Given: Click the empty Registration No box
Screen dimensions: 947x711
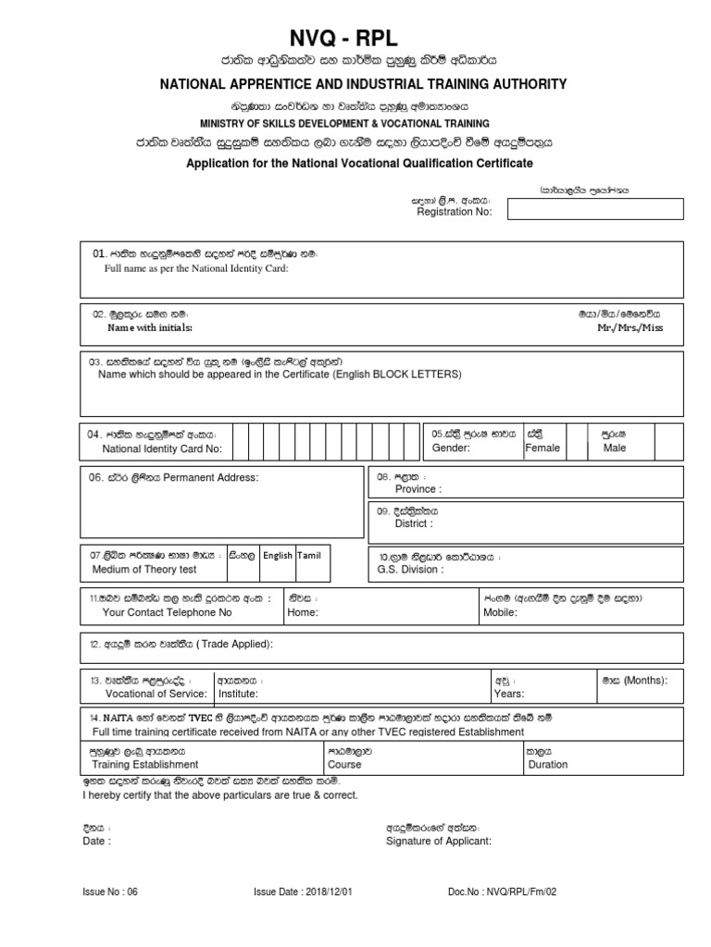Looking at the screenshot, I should (595, 210).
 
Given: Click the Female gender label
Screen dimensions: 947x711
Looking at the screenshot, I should (543, 448).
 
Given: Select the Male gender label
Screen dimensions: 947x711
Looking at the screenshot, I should (614, 448).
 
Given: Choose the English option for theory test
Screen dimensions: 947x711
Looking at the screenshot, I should (277, 556).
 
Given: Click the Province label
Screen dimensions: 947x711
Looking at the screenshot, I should (418, 488).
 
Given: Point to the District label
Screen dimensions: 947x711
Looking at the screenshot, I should (414, 523).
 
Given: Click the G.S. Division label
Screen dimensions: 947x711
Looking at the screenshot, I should (411, 570).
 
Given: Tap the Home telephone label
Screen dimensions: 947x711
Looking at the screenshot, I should (303, 612).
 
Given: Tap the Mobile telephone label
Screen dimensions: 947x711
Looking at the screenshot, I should (499, 612).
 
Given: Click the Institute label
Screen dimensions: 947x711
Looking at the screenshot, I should (238, 693).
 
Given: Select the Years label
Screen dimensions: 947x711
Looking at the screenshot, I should (510, 693).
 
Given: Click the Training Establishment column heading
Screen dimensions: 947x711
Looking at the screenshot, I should (140, 765).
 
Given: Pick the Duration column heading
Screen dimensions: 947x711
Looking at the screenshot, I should (548, 765).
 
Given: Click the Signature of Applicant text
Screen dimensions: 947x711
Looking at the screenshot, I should (438, 842).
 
